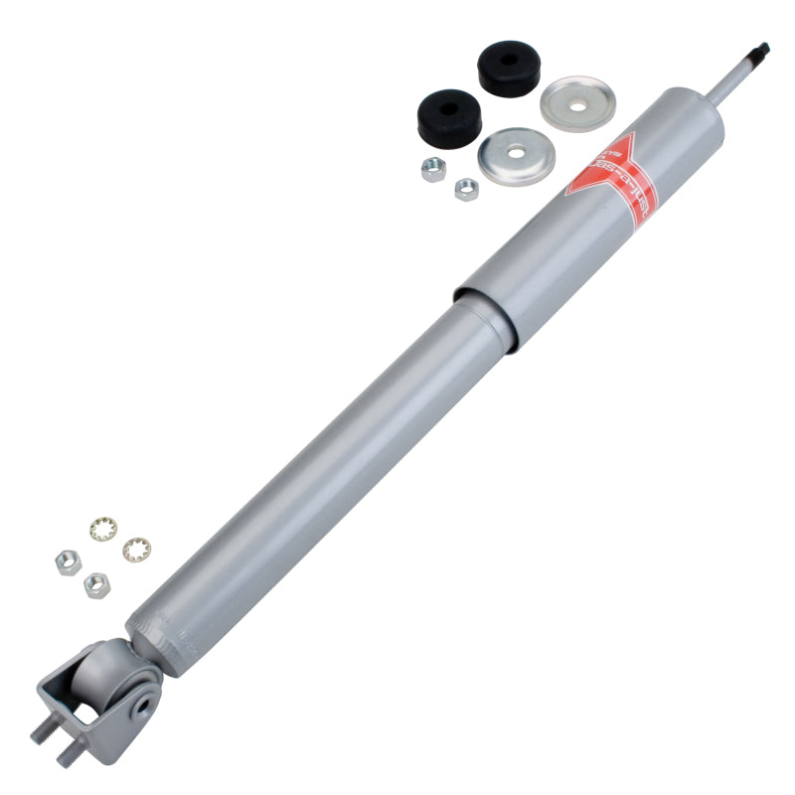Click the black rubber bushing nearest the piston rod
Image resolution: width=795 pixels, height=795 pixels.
coord(508,68)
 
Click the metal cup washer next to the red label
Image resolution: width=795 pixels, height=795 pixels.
coord(514,156)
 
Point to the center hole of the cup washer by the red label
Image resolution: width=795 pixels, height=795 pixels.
coord(514,154)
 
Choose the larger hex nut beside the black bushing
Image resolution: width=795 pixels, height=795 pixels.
coord(433,169)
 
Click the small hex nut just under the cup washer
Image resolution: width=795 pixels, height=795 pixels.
coord(466,189)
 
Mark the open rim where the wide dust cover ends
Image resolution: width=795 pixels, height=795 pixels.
coord(485,318)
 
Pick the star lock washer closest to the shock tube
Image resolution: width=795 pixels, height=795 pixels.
coord(136,549)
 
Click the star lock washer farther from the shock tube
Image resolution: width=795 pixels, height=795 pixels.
coord(100,529)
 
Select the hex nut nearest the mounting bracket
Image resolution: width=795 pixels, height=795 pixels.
coord(96,584)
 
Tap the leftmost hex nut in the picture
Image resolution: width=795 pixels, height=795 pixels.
coord(68,561)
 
